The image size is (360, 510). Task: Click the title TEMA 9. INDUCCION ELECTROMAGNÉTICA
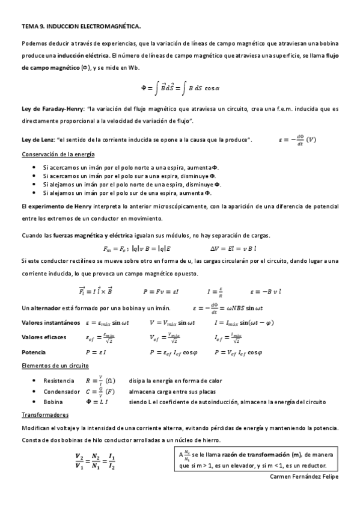click(81, 26)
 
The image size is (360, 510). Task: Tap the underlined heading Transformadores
click(45, 414)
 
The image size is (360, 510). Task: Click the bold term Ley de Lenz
click(38, 140)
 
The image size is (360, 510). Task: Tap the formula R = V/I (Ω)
click(100, 380)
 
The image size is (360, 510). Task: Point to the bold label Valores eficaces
click(44, 337)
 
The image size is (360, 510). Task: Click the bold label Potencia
click(34, 352)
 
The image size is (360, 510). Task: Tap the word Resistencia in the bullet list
click(59, 381)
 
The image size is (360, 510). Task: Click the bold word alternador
click(47, 307)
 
